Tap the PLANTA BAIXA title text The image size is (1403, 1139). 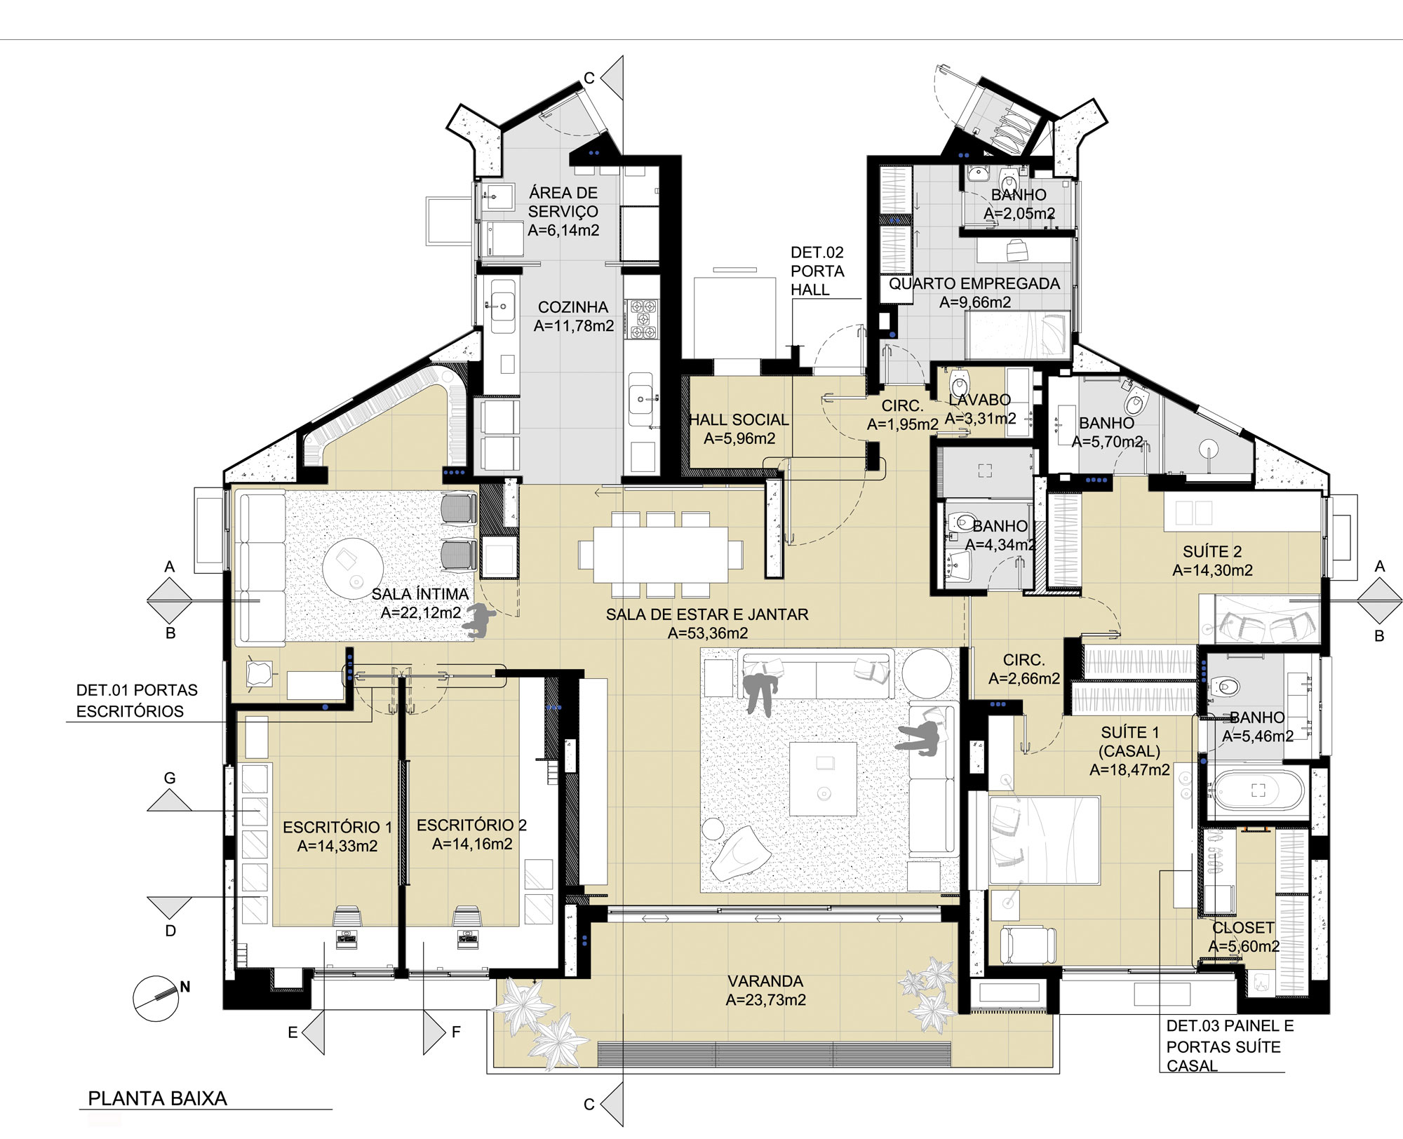pos(158,1098)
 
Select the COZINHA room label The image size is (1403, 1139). pos(573,307)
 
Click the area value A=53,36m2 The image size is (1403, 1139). pos(708,633)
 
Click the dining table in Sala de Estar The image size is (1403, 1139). pos(660,555)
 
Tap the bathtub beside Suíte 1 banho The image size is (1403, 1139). pos(1258,790)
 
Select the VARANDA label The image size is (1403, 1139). pos(765,981)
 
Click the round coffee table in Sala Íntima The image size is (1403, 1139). pos(353,567)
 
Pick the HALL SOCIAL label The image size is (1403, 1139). pos(739,420)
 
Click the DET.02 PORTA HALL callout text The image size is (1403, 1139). pos(817,271)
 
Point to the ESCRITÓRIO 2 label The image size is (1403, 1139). pos(471,825)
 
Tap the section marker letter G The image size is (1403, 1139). pos(170,779)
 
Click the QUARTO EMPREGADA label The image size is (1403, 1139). pos(974,284)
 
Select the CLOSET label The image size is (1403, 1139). pos(1243,928)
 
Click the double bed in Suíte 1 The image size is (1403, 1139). pos(1044,840)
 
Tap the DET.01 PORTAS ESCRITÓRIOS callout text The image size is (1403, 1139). pos(137,701)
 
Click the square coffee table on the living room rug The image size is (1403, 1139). pos(823,779)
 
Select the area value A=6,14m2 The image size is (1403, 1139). pos(563,231)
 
